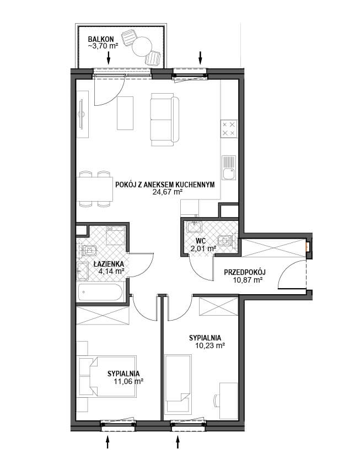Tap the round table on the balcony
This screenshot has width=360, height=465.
pyautogui.click(x=142, y=46)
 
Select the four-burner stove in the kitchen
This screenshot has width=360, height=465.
pyautogui.click(x=229, y=129)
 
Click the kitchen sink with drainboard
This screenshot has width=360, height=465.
pyautogui.click(x=229, y=168)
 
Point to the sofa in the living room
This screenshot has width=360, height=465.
pyautogui.click(x=165, y=120)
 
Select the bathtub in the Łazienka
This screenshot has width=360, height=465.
pyautogui.click(x=100, y=292)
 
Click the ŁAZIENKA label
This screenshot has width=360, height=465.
pyautogui.click(x=109, y=264)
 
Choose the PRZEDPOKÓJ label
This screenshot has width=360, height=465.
pyautogui.click(x=245, y=272)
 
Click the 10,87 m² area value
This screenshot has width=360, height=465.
pyautogui.click(x=248, y=280)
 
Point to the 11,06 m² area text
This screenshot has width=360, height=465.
pyautogui.click(x=128, y=381)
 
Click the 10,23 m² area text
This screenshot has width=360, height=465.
pyautogui.click(x=210, y=345)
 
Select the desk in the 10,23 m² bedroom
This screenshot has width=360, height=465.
pyautogui.click(x=228, y=401)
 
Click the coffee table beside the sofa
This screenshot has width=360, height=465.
pyautogui.click(x=125, y=113)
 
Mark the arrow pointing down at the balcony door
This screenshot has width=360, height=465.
pyautogui.click(x=108, y=58)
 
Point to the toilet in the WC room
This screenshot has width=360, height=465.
pyautogui.click(x=225, y=240)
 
